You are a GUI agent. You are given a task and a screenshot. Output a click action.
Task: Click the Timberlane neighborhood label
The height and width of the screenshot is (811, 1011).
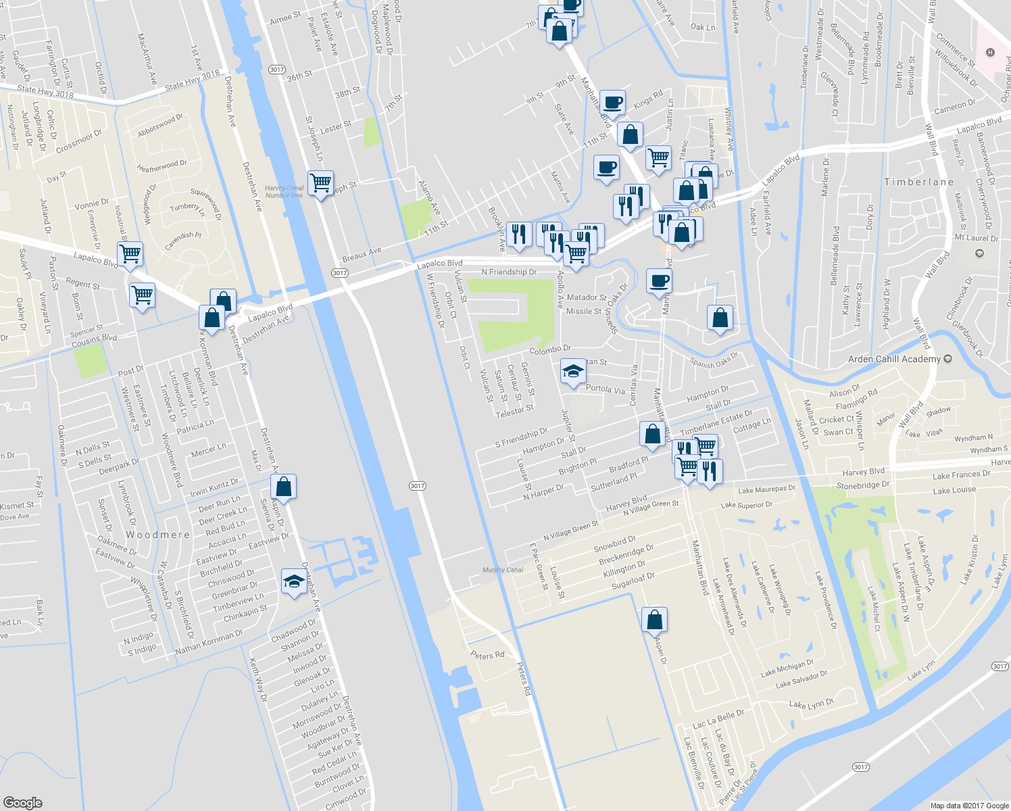918,182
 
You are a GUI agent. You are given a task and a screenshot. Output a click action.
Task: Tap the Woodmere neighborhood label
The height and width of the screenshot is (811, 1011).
157,535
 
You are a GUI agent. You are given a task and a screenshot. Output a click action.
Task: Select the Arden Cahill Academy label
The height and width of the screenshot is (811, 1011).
894,359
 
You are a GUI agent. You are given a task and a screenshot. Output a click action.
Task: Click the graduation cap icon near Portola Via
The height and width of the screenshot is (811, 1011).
572,372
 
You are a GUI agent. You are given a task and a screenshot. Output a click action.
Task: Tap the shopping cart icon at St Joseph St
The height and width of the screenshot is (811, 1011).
320,182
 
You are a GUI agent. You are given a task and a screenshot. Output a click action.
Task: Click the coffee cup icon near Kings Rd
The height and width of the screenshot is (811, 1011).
612,103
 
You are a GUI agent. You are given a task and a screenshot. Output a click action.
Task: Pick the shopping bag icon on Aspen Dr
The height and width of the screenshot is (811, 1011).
654,620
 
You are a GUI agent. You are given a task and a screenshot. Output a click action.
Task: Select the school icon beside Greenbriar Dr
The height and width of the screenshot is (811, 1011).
294,581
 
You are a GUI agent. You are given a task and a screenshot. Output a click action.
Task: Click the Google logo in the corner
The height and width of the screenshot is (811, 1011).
22,802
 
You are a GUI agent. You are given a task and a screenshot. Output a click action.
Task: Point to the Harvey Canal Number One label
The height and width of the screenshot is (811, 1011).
284,192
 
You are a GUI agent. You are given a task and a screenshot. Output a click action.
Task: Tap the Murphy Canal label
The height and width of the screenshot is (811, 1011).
503,570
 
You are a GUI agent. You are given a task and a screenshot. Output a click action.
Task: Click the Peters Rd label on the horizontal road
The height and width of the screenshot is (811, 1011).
487,655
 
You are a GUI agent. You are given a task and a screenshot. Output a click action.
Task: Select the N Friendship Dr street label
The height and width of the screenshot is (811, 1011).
509,272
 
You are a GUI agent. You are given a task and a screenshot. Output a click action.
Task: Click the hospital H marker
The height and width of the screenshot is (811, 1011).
990,53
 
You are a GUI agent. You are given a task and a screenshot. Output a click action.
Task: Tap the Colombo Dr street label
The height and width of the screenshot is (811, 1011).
550,349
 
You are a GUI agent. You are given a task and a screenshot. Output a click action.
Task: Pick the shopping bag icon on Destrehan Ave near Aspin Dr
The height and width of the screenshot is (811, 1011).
283,487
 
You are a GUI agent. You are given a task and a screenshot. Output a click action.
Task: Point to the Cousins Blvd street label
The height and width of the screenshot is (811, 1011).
94,341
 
